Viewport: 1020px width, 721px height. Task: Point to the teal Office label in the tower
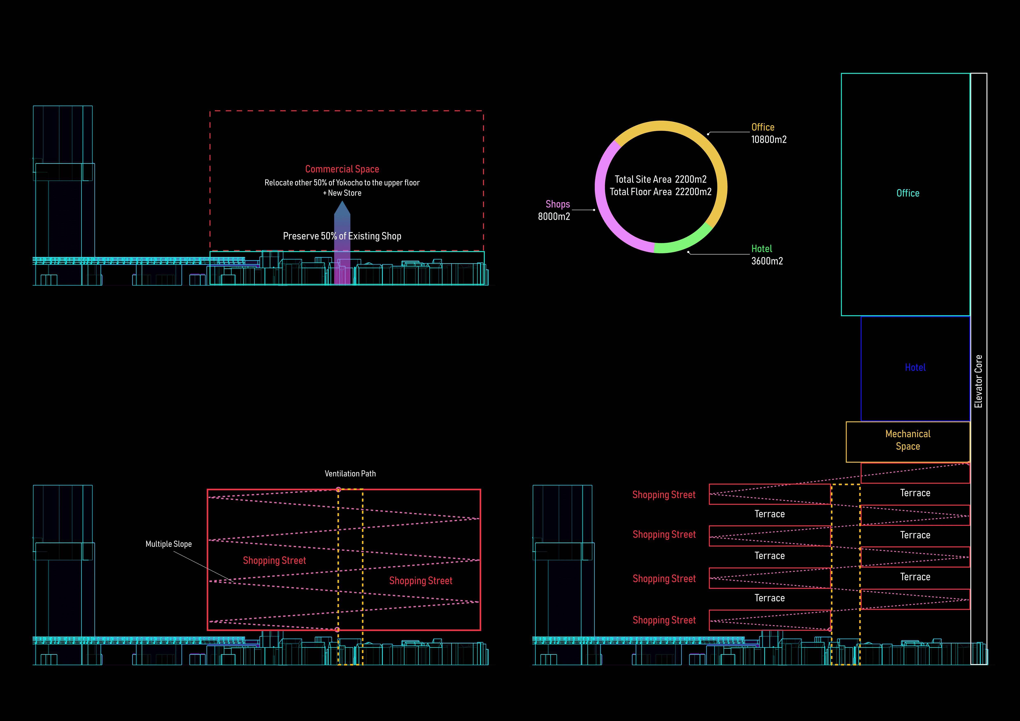[x=908, y=193]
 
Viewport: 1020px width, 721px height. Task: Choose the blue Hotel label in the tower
[x=915, y=368]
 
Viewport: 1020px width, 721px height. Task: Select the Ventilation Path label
[x=350, y=474]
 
